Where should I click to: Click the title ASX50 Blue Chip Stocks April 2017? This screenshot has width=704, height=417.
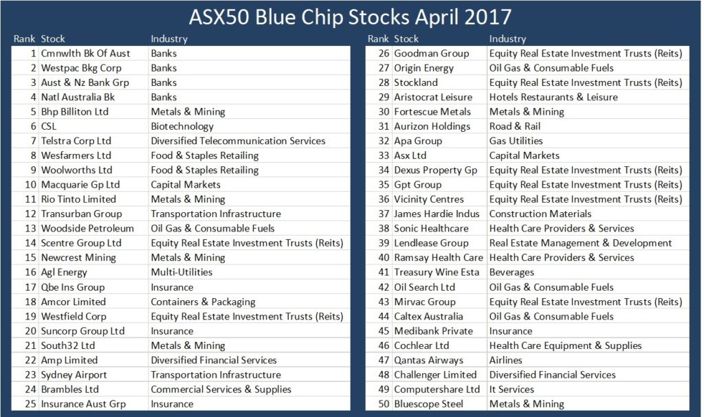(350, 17)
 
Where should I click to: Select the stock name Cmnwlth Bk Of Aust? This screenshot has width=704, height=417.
(85, 54)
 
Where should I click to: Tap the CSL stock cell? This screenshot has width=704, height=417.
(49, 126)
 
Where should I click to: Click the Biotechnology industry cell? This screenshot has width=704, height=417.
(182, 126)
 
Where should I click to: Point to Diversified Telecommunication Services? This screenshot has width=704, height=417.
(238, 141)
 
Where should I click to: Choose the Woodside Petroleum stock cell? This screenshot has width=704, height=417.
(87, 229)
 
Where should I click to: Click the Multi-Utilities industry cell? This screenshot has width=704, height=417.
(181, 272)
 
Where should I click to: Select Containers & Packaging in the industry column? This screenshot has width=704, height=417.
(203, 302)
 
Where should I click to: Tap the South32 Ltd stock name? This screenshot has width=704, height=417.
(68, 346)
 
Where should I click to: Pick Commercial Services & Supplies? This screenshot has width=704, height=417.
(221, 390)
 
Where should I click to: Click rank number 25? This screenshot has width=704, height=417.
(30, 404)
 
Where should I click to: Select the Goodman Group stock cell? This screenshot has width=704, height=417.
(432, 54)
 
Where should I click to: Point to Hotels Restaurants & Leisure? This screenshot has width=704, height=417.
(553, 98)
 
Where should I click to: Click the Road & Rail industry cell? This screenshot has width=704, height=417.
(515, 126)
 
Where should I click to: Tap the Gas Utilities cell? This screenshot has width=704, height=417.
(516, 141)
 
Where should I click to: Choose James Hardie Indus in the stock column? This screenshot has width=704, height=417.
(437, 214)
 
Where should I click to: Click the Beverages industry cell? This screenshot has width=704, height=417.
(511, 273)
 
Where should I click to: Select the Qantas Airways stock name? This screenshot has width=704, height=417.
(429, 361)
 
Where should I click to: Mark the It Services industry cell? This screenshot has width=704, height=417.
(511, 390)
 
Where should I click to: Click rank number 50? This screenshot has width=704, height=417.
(384, 404)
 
